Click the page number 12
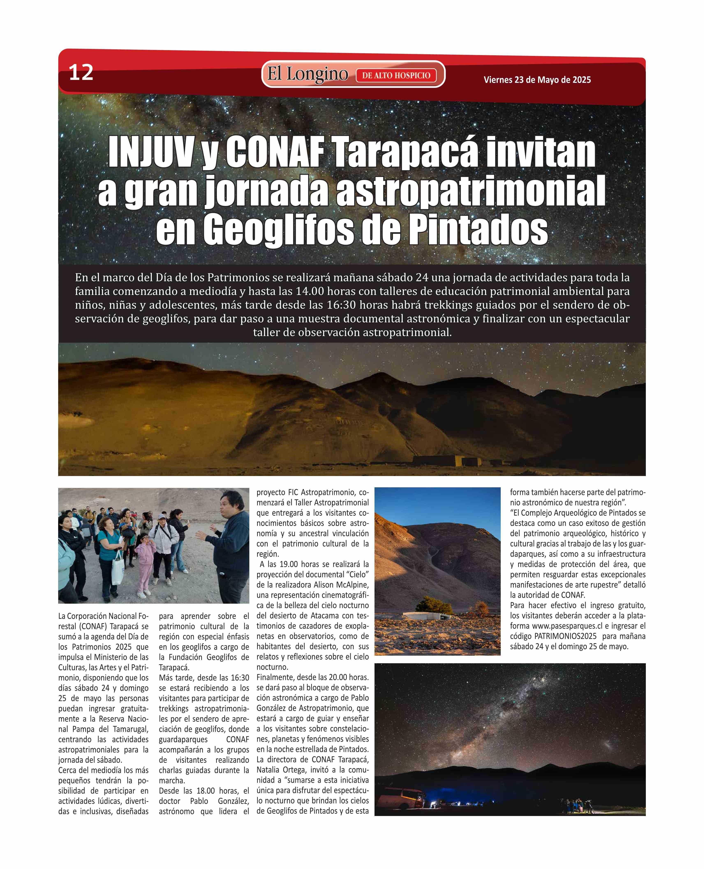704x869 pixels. tap(81, 73)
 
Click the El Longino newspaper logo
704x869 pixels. tap(307, 74)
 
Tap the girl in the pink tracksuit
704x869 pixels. tap(144, 562)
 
